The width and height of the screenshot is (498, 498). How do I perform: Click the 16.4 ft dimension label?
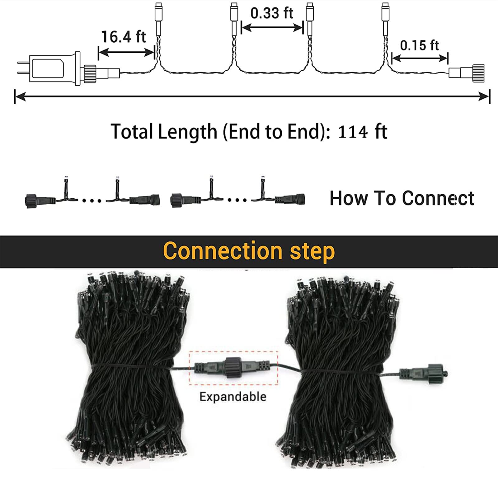pyautogui.click(x=124, y=37)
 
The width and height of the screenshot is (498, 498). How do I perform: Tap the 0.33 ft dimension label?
pyautogui.click(x=272, y=13)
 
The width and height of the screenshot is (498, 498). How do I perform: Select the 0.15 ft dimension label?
pyautogui.click(x=419, y=45)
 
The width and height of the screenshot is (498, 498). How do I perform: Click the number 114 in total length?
pyautogui.click(x=353, y=132)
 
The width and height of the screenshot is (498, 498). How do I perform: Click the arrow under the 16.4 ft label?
pyautogui.click(x=126, y=53)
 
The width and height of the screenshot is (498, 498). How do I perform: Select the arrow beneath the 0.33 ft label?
pyautogui.click(x=272, y=28)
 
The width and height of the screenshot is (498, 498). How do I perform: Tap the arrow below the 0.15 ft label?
pyautogui.click(x=420, y=58)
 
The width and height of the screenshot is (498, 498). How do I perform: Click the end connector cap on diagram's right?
pyautogui.click(x=466, y=73)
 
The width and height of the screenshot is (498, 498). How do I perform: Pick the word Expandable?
pyautogui.click(x=233, y=397)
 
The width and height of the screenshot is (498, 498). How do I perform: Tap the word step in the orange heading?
pyautogui.click(x=312, y=252)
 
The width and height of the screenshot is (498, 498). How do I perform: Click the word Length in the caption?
pyautogui.click(x=188, y=132)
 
